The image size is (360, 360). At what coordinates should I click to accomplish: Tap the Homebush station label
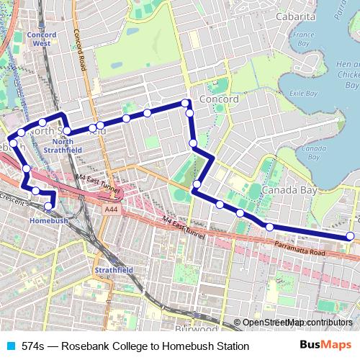[48, 220]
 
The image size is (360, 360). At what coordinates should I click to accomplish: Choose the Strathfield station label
[114, 270]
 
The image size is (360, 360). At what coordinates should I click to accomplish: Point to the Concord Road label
[82, 52]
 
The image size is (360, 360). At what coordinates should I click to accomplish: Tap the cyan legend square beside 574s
[9, 346]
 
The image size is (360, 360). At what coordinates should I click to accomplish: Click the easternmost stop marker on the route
[351, 235]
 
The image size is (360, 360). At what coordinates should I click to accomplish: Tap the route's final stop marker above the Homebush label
[48, 207]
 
